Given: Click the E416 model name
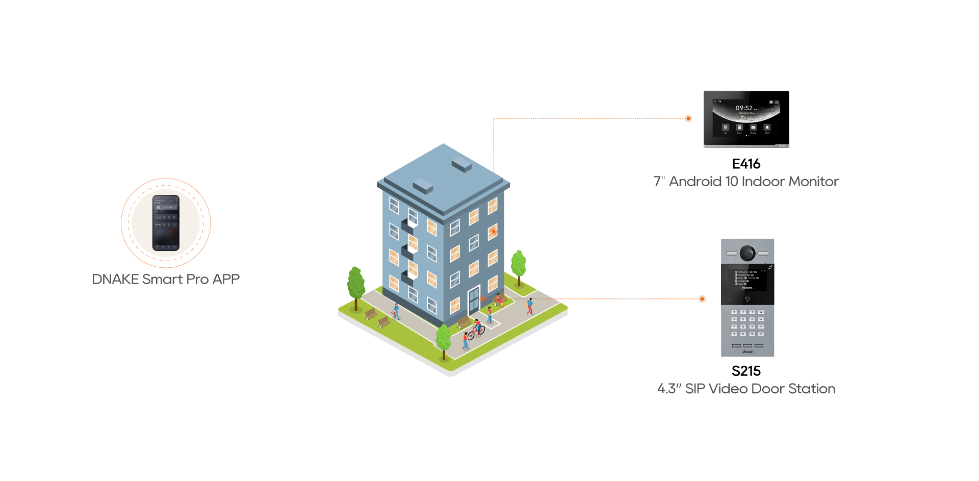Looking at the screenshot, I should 746,164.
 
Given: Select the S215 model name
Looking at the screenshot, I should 746,371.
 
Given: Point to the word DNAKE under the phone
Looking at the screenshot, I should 115,280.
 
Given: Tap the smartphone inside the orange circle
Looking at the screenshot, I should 166,223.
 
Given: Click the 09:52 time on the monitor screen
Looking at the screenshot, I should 744,108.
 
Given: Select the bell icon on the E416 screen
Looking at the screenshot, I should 767,127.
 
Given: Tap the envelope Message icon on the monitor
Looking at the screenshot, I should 753,127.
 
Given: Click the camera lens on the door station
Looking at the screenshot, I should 748,252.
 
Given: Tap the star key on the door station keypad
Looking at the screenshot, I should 734,334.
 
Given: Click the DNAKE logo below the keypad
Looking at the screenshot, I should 748,351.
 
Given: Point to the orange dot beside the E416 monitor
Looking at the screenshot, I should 688,118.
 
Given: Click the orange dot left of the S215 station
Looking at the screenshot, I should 702,299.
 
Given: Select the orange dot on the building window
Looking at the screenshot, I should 494,232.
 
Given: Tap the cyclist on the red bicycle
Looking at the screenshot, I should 476,328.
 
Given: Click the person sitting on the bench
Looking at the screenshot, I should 499,299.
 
